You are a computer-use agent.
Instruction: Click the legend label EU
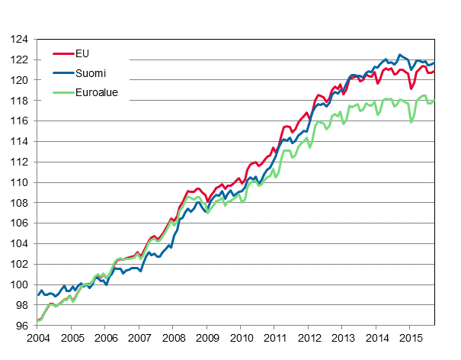pos(82,54)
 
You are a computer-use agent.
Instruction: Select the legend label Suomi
pos(90,74)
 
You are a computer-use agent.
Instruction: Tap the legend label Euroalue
pos(96,94)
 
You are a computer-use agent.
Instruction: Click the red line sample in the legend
pos(62,54)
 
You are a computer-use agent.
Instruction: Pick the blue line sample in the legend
pos(62,74)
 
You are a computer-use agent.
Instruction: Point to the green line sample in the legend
pos(62,94)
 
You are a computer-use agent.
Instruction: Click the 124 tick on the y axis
pos(20,40)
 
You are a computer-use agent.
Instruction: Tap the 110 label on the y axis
pos(20,183)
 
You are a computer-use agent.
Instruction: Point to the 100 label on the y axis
pos(20,285)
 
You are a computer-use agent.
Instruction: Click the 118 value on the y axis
pos(20,101)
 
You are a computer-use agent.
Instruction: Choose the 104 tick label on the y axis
pos(20,244)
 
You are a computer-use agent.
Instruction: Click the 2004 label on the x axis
pos(38,338)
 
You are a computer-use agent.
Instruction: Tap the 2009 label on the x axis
pos(207,338)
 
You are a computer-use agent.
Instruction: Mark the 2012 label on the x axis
pos(309,338)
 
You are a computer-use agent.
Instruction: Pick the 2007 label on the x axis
pos(139,338)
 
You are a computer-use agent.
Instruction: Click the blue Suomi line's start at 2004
pos(38,294)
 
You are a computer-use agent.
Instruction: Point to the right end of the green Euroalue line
pos(434,101)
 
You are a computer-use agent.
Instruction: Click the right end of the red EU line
pos(434,71)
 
